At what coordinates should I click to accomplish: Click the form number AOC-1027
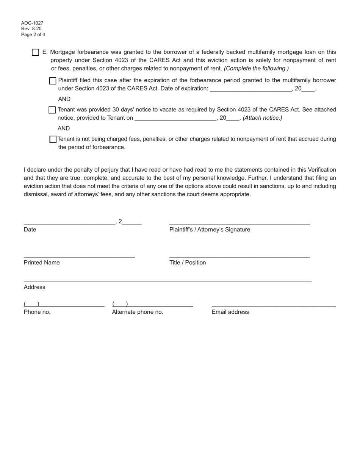point(32,23)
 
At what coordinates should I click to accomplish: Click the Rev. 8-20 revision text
point(31,29)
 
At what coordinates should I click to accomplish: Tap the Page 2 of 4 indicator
point(33,34)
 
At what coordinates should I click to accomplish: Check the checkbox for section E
point(35,52)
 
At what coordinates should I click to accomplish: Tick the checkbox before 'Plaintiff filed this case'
point(53,81)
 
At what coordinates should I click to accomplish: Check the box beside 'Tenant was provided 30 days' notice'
point(52,110)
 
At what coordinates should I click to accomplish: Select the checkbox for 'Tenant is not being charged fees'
point(53,139)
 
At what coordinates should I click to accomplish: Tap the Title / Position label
point(188,263)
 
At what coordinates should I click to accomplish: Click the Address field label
point(34,287)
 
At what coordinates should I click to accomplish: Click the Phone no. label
point(37,312)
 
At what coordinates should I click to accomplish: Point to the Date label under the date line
point(30,230)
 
